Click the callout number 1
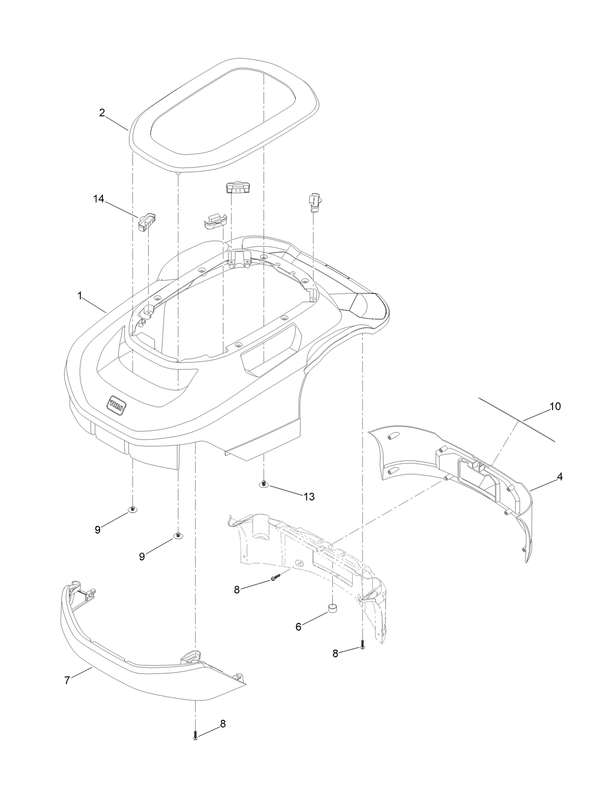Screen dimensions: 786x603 (80, 296)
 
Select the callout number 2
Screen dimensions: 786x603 (102, 113)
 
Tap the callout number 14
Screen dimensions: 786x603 (98, 199)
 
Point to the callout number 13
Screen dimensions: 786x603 (309, 497)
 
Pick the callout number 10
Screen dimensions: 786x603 (555, 406)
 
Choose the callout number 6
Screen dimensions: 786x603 (299, 626)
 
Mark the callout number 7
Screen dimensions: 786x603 (68, 680)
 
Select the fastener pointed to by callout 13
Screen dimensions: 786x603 (264, 484)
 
